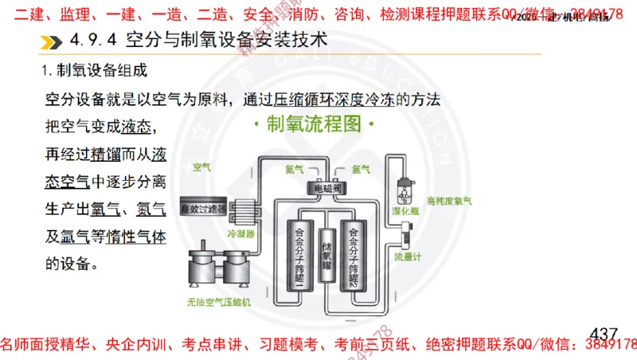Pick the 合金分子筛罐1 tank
[x=299, y=254]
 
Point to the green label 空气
[x=202, y=167]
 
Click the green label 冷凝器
[x=240, y=235]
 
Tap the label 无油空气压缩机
[x=218, y=302]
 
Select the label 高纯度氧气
[x=449, y=202]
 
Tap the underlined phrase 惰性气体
[x=135, y=237]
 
